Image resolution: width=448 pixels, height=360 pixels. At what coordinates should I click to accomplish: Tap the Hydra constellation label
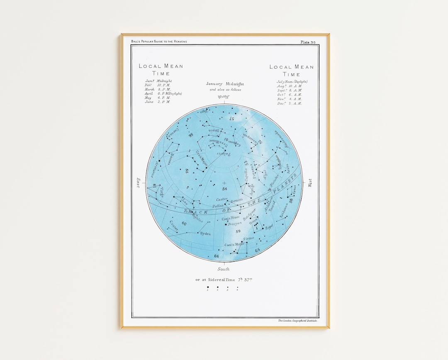coord(206,234)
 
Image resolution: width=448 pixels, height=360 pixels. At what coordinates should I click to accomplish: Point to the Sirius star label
coord(248,238)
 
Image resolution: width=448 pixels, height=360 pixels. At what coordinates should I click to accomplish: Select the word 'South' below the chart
coord(224,269)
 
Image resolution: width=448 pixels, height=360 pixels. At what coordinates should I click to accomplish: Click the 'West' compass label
coord(310,183)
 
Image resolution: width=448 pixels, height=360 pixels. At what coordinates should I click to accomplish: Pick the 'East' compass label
coord(138,183)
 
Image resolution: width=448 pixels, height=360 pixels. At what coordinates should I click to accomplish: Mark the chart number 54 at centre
coord(224,189)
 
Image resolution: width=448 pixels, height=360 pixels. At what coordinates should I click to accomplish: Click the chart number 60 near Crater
coord(184,224)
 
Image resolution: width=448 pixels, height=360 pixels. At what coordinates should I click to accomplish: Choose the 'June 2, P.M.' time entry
coord(157,102)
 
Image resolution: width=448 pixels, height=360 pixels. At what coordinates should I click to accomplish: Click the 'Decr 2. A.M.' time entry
coord(289,103)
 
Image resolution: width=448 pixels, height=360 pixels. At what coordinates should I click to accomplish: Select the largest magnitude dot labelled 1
coord(208,287)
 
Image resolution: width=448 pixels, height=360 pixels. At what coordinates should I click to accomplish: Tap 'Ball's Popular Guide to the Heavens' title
coord(159,41)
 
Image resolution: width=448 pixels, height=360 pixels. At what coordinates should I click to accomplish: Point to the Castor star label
coord(222,199)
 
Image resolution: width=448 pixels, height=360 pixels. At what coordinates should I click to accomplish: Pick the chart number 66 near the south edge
coord(216,256)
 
